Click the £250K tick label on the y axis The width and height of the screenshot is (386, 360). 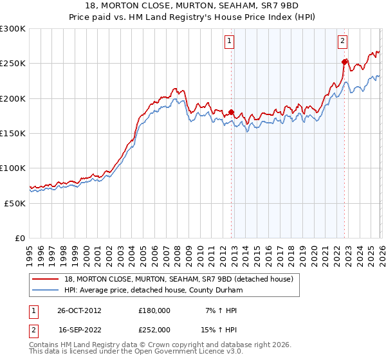click(13, 64)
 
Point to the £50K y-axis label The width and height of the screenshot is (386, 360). click(15, 203)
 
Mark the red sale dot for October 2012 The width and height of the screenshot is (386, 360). click(231, 112)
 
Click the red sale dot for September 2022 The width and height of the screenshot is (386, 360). click(344, 62)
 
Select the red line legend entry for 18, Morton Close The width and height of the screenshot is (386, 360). click(178, 279)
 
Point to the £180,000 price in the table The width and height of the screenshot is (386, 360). click(154, 310)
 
